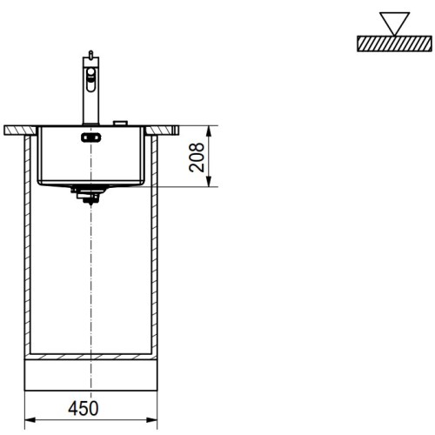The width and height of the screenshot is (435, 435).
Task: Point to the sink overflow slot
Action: [x=90, y=137]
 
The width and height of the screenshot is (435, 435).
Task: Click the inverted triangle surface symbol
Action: [x=394, y=23]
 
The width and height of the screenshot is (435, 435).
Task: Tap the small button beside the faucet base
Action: [x=121, y=123]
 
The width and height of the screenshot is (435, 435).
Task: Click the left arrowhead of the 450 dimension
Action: [x=28, y=419]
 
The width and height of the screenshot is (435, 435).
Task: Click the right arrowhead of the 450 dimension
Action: [x=154, y=419]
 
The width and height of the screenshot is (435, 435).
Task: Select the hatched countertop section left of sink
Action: [x=19, y=130]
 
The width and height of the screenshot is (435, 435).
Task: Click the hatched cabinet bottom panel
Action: [x=91, y=357]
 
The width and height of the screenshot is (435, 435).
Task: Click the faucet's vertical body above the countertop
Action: [x=88, y=104]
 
